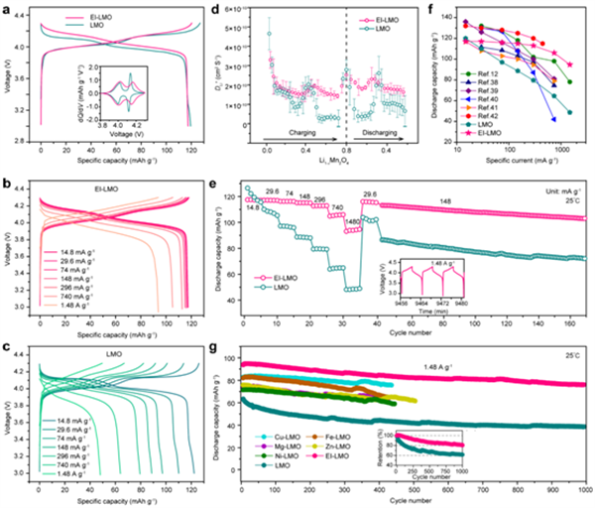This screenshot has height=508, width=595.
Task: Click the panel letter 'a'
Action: point(7,8)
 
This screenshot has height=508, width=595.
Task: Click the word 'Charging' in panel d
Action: point(285,143)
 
